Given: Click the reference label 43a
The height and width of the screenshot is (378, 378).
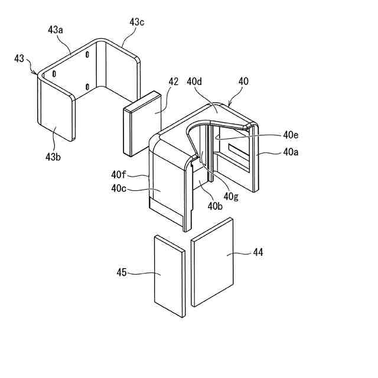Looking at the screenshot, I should pyautogui.click(x=56, y=29).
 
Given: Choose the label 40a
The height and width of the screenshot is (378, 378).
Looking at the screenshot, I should pyautogui.click(x=291, y=152).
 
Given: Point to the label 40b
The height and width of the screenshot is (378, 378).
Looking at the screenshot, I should pyautogui.click(x=216, y=206).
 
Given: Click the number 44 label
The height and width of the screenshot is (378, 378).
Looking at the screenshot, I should pyautogui.click(x=258, y=252).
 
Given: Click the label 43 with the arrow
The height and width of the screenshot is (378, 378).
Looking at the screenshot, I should pyautogui.click(x=21, y=59).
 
